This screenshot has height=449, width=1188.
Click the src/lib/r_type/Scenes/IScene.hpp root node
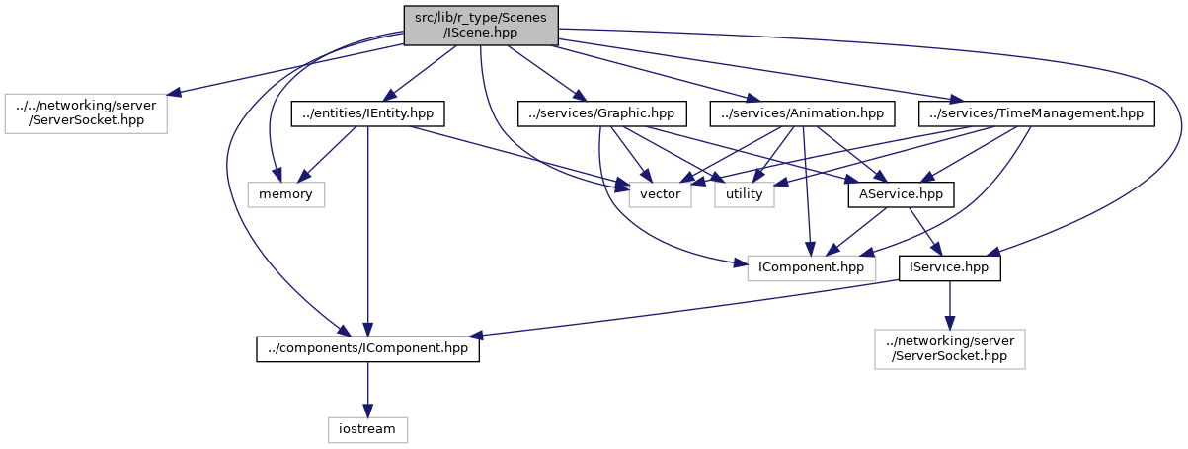(x=481, y=25)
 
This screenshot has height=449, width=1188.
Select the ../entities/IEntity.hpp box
(x=366, y=113)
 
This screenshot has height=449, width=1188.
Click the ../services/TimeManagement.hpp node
(x=1037, y=113)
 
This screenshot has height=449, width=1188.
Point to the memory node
(x=285, y=194)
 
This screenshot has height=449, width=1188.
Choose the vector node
(x=661, y=194)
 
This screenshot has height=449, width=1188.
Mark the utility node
(x=745, y=194)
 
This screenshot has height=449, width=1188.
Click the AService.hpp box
(x=901, y=194)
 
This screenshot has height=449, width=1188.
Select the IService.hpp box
(x=950, y=267)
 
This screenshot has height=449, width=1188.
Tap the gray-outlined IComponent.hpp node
(x=812, y=267)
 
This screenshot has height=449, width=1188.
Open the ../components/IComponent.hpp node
(x=367, y=348)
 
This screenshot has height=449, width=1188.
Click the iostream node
(x=367, y=429)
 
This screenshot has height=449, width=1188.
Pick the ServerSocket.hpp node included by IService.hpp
(x=950, y=348)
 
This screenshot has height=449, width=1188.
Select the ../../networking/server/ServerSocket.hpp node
(x=86, y=113)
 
